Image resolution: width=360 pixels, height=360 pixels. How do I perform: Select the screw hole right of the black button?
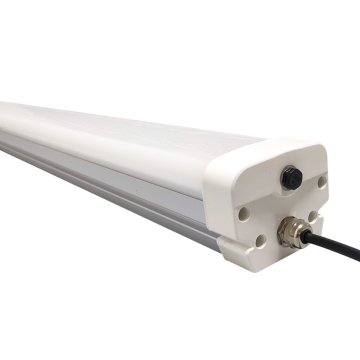pos(321,181)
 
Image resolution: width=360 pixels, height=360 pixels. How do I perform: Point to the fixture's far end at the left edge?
pos(4,120)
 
